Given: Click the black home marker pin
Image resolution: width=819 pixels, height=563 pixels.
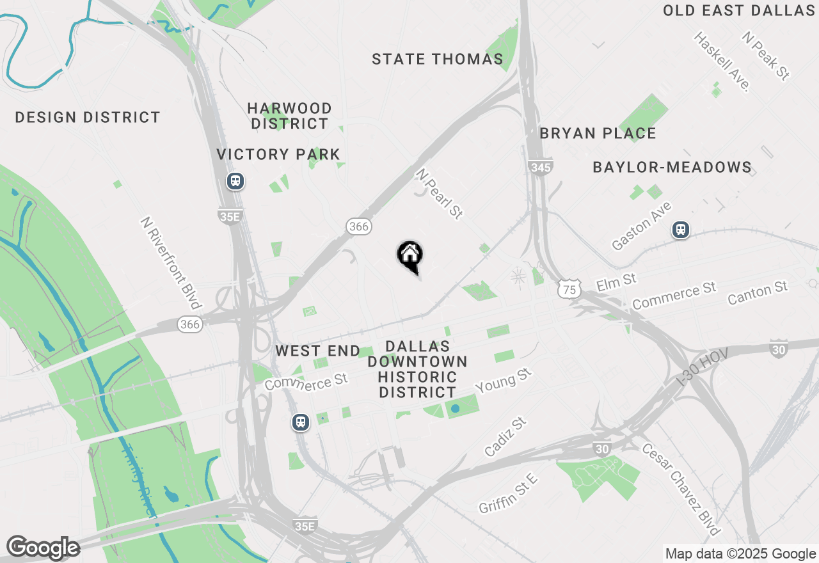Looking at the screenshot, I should pos(409,257).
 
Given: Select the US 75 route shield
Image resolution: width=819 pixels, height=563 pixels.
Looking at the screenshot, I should pos(569,289).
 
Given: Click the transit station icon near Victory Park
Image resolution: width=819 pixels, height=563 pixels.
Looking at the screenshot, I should pos(235,182).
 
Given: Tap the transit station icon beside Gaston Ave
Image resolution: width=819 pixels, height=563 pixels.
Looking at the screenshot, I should pos(680,230).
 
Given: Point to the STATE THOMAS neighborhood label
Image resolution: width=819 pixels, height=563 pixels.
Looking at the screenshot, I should pos(438,59).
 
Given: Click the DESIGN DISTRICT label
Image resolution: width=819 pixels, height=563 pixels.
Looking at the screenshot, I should pos(88,118).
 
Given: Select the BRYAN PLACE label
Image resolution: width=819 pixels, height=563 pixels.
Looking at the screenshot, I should pos(598,133).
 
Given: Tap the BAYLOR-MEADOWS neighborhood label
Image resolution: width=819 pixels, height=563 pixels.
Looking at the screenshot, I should pos(672,168).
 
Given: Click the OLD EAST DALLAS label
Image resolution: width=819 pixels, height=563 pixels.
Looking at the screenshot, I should pos(739,11).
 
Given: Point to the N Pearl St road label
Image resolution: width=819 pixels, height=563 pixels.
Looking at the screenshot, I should pos(439,194).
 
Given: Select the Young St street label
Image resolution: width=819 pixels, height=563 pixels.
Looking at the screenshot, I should pos(504,379).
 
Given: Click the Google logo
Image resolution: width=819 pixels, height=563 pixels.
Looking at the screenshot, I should pos(43,548).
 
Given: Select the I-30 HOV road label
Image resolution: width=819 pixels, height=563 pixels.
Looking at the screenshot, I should pos(702,372).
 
